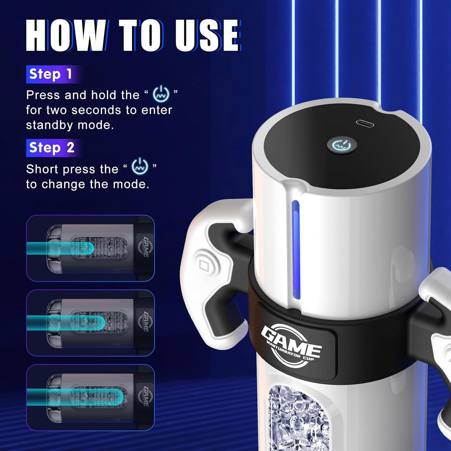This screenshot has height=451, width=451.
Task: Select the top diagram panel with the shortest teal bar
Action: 90,248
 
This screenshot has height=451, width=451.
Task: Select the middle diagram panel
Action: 90,323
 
